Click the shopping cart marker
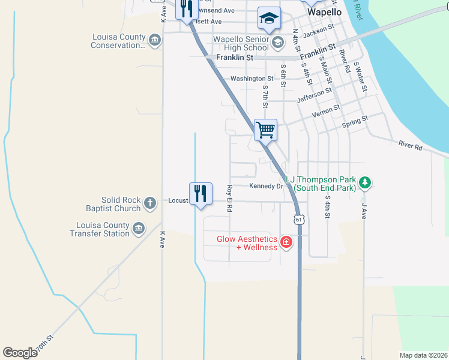coord(265,129)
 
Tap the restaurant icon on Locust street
coord(201,193)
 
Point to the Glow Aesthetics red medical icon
coord(286,242)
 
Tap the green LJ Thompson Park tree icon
coord(364,182)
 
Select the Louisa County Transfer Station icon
coord(139,229)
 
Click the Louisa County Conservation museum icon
coord(155,41)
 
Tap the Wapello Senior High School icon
coord(277,42)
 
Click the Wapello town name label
coord(324,11)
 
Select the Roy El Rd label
coord(229,199)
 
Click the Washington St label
coord(252,79)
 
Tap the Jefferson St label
coord(315,95)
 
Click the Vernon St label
coord(325,111)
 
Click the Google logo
coord(20,353)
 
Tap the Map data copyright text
coord(423,355)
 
